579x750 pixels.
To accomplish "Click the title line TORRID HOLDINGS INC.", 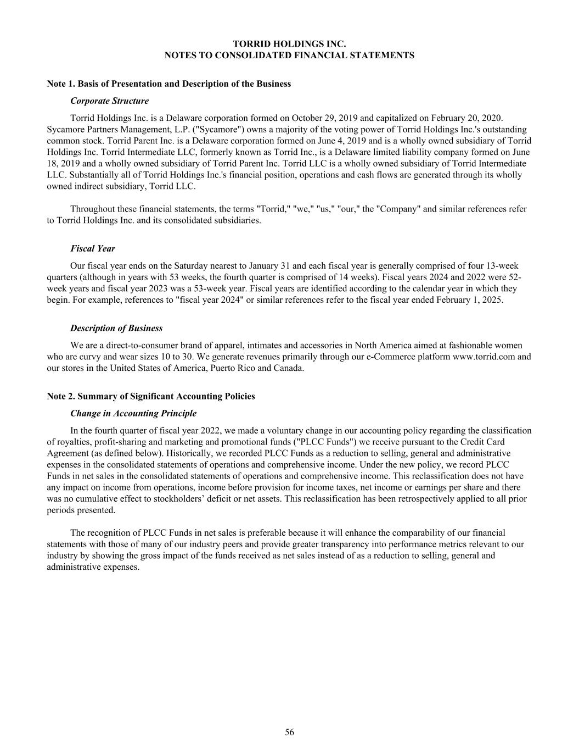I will pos(289,43).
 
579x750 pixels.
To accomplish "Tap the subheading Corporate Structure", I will pos(109,101).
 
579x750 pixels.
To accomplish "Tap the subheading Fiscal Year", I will pos(93,248).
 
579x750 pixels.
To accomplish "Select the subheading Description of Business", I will pos(116,328).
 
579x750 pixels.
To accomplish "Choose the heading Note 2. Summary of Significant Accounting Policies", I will pos(151,396).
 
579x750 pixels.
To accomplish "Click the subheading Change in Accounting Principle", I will pos(133,413).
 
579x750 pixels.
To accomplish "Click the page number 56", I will pos(289,732).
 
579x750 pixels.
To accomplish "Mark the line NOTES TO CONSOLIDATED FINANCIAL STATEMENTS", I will pos(289,55).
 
